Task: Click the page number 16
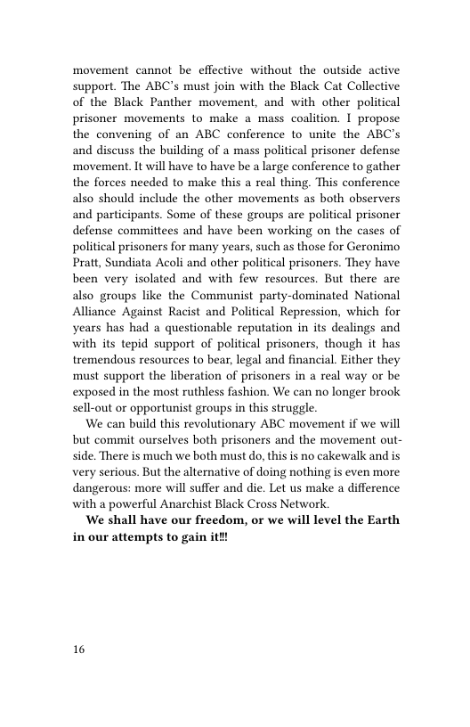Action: click(79, 650)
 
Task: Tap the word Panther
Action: click(161, 101)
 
